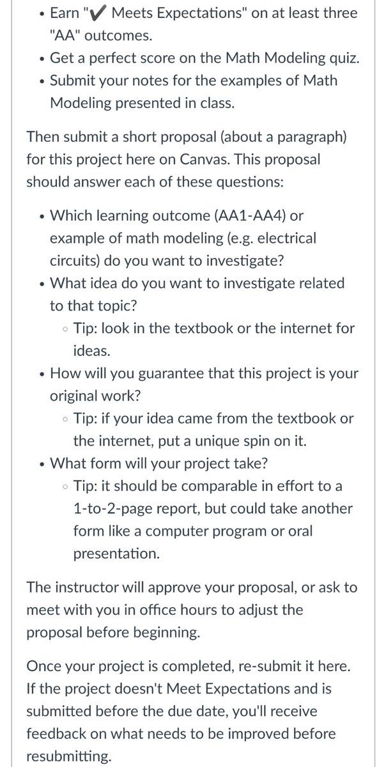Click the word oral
[x=314, y=531]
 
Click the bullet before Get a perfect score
[x=40, y=59]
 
